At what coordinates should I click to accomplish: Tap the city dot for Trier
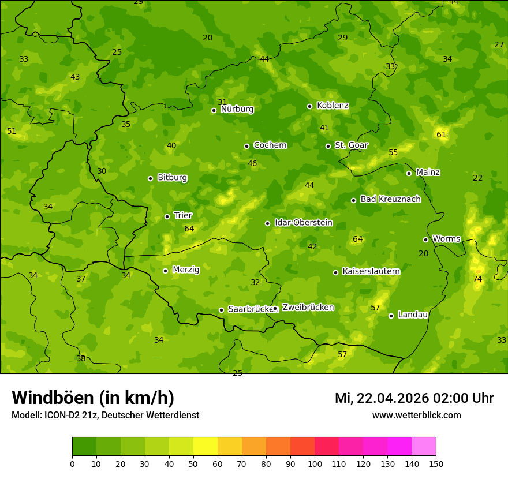pos(167,216)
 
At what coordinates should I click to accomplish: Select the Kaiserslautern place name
pos(371,271)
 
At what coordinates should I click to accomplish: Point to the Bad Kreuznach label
pos(390,199)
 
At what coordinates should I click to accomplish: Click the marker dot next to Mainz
pos(409,173)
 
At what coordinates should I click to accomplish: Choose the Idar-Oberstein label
pos(303,223)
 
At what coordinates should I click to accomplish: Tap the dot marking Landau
pos(391,316)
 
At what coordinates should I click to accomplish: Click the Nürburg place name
pos(237,109)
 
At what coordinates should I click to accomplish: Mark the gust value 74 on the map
pos(477,279)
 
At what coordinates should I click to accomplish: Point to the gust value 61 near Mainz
pos(442,134)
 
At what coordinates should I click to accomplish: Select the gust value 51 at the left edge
pos(12,132)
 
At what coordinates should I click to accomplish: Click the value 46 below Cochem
pos(252,164)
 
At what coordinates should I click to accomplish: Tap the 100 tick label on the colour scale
pos(315,463)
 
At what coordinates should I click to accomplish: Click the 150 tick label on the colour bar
pos(436,463)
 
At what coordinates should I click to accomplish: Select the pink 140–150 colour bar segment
pos(424,447)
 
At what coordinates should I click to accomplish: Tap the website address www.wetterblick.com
pos(416,415)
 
